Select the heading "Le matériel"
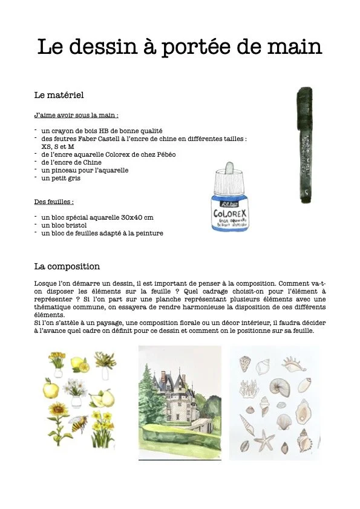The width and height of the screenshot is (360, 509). coord(59,95)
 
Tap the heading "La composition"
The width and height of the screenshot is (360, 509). coord(67,266)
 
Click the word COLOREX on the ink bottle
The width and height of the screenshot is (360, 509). coord(227,214)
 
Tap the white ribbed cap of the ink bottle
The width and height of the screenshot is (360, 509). coord(228,179)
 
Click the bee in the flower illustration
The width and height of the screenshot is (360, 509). coord(78,423)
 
